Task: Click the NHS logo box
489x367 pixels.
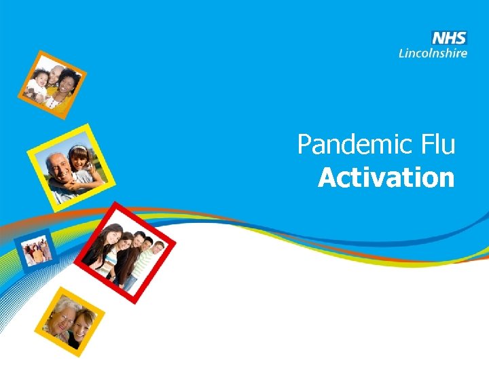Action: [x=450, y=38]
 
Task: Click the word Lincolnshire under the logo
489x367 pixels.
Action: [x=433, y=52]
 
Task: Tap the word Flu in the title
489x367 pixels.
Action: [x=437, y=145]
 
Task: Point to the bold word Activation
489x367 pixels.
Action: [x=386, y=178]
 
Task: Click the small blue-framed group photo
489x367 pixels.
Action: [x=37, y=251]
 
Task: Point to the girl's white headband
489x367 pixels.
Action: [x=78, y=149]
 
